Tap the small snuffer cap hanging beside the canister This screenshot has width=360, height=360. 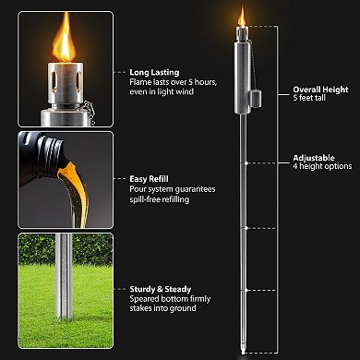click(x=256, y=94)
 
